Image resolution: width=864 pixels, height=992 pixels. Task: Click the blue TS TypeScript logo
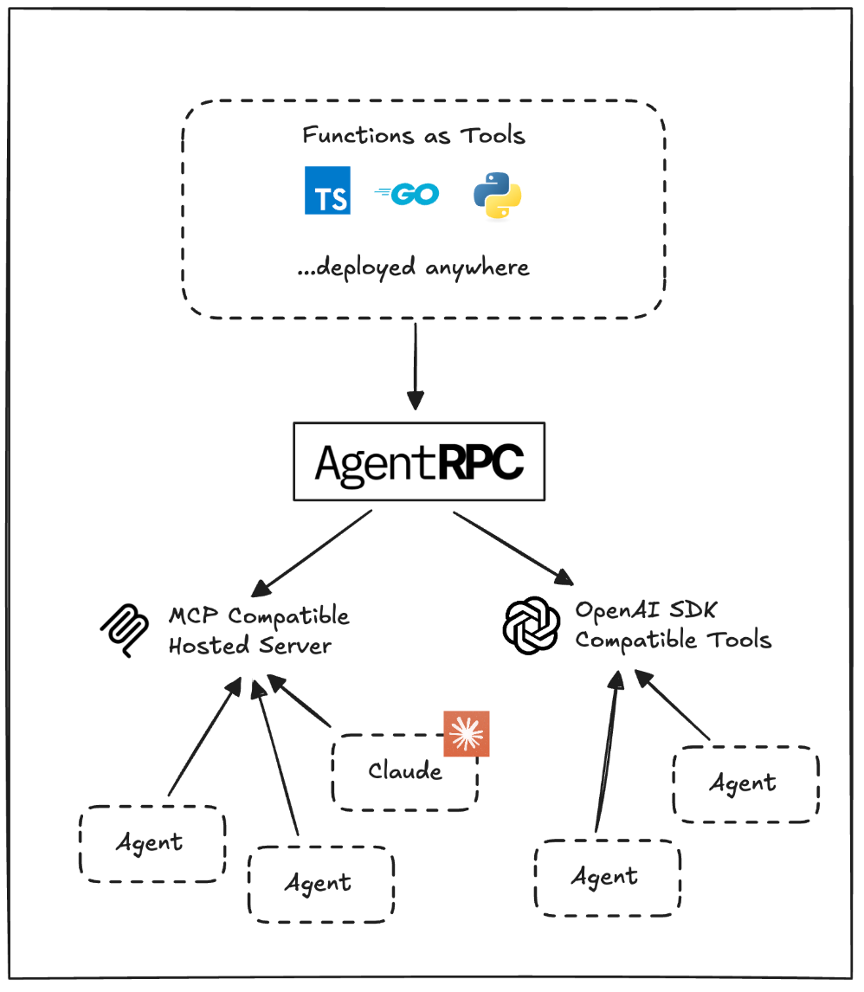(x=327, y=190)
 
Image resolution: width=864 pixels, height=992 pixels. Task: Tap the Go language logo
(x=408, y=194)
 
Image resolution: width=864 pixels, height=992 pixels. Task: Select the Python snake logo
(x=497, y=194)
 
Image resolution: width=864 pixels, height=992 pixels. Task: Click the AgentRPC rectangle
(x=419, y=461)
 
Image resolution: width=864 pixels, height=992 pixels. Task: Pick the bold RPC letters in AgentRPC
(x=480, y=463)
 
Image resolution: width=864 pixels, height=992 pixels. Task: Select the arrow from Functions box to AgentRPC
(x=416, y=364)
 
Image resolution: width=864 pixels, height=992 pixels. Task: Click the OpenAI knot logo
(x=532, y=626)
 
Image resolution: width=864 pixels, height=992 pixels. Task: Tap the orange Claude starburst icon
(x=466, y=734)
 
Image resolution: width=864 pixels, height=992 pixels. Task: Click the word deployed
(x=367, y=267)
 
